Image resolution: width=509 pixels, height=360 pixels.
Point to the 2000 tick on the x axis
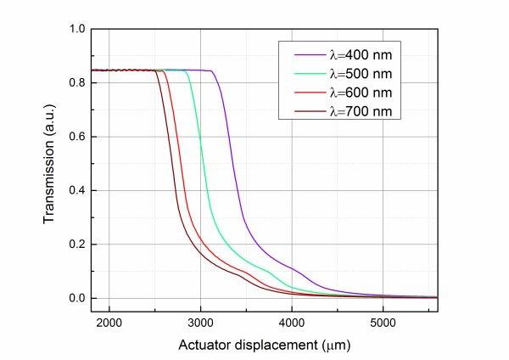109,323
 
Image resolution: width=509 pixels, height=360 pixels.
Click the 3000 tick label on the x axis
200,323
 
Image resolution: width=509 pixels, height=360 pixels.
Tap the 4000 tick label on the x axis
292,323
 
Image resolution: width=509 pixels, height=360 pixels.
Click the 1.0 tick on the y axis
78,29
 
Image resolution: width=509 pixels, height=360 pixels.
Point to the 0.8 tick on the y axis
78,83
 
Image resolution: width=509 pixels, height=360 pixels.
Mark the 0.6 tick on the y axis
78,137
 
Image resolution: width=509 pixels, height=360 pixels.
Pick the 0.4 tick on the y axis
78,190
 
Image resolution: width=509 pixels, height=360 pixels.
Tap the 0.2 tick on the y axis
78,245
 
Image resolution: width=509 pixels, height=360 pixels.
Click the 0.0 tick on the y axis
78,298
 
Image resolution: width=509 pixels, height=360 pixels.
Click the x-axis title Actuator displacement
264,346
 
